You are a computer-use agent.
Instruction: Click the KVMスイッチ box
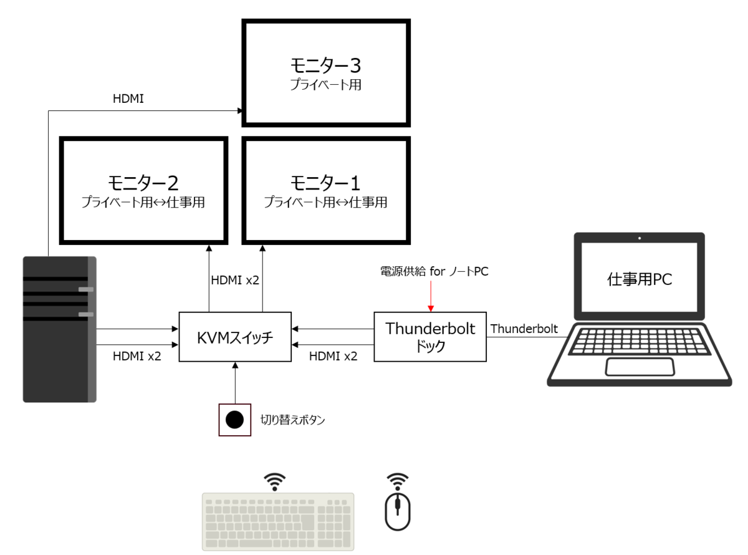tap(235, 337)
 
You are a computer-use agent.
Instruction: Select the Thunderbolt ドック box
tap(430, 337)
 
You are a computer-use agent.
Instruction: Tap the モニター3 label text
tap(325, 65)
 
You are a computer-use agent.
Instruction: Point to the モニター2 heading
tap(143, 183)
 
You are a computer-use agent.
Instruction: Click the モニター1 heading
tap(325, 183)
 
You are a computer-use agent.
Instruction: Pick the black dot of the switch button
tap(234, 420)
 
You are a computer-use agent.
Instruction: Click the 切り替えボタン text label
tap(292, 420)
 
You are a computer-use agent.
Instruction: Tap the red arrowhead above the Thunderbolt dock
tap(431, 309)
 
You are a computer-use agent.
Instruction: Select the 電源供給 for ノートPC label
tap(434, 271)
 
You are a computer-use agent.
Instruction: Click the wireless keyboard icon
tap(278, 521)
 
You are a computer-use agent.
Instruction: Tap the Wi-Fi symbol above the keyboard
tap(274, 481)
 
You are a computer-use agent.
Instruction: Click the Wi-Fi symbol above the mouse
tap(398, 481)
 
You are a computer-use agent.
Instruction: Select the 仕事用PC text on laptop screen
tap(640, 279)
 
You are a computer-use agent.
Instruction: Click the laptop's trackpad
tap(640, 367)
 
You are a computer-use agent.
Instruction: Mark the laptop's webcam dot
tap(640, 238)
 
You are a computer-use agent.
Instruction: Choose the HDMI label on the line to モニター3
tap(128, 99)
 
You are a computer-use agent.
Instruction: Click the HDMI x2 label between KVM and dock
tap(333, 356)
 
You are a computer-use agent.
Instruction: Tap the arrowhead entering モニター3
tap(240, 110)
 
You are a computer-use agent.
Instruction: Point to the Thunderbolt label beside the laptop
tap(524, 329)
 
